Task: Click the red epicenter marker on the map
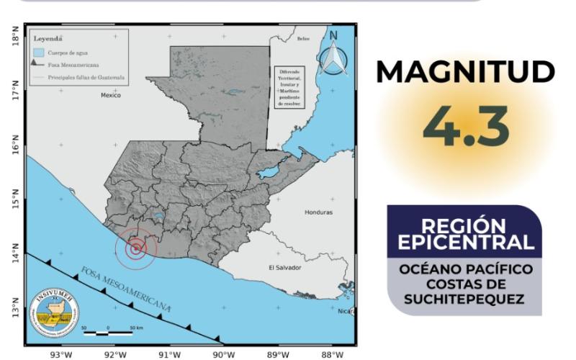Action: [x=135, y=248]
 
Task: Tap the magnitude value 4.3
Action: [x=466, y=125]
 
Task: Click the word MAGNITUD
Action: [x=466, y=72]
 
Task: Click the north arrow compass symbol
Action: [x=333, y=55]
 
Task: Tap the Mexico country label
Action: [x=111, y=95]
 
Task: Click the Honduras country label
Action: [x=318, y=212]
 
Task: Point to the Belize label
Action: [x=303, y=39]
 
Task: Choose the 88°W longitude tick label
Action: [x=333, y=354]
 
